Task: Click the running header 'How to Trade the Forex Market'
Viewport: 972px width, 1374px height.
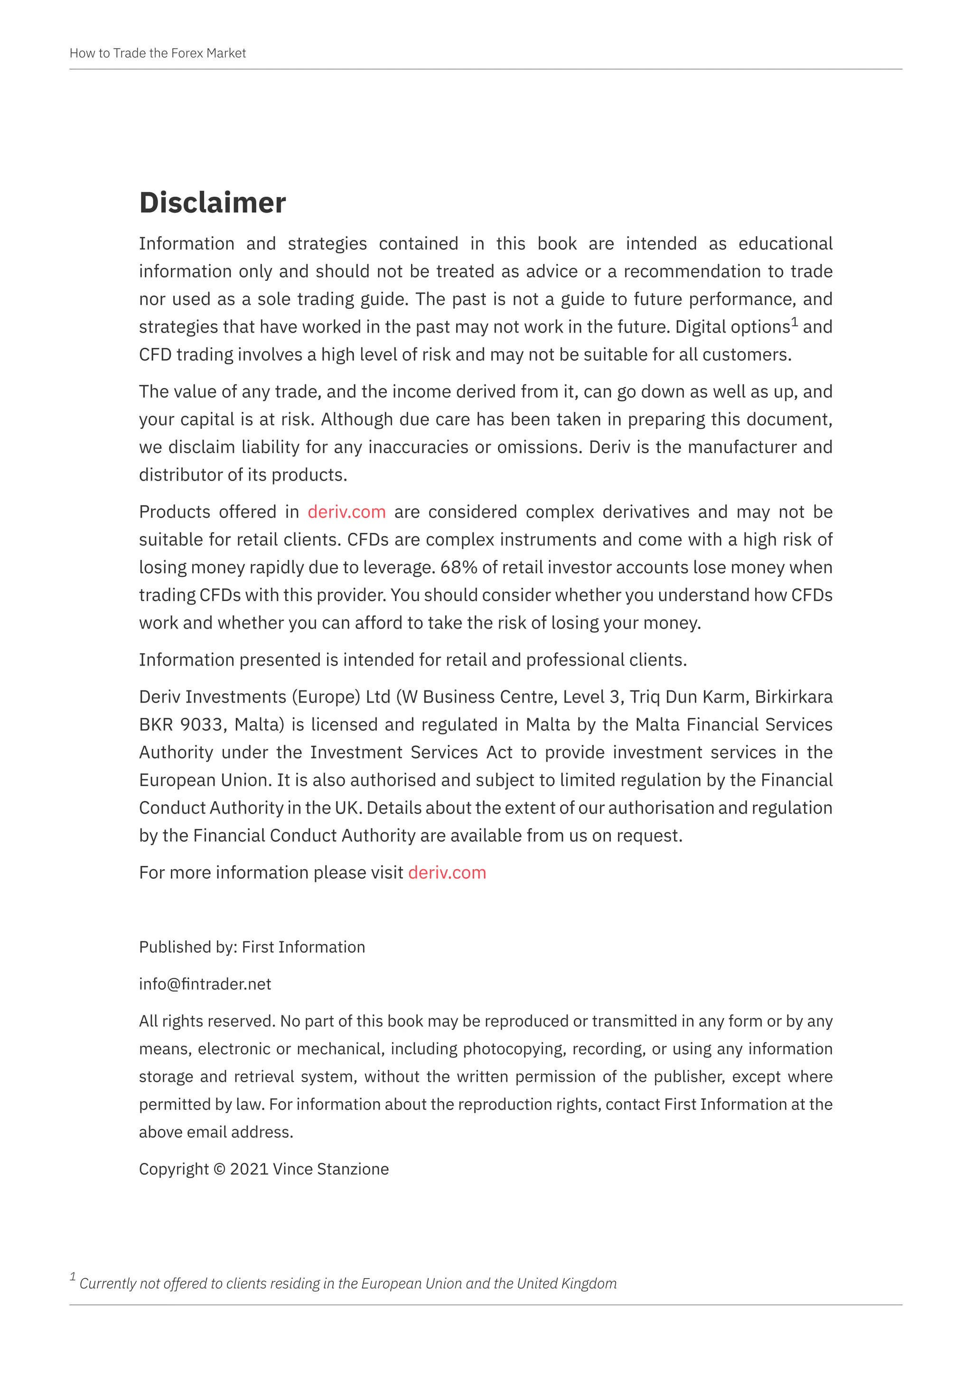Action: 158,53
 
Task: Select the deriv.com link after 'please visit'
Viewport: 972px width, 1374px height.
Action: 447,873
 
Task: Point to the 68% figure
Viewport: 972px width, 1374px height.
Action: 458,567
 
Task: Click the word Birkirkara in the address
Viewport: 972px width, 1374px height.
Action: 794,696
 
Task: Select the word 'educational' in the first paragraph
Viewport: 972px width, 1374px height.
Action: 785,243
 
